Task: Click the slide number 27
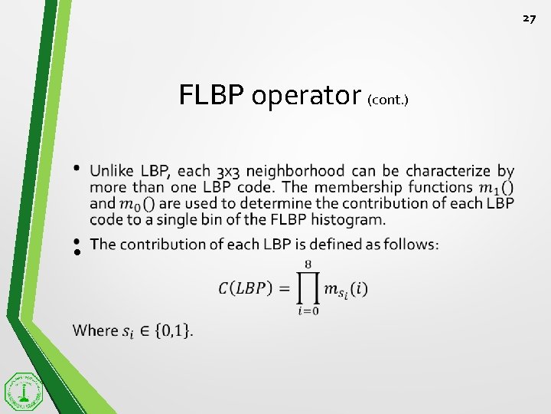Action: pyautogui.click(x=530, y=18)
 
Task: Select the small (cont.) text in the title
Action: pyautogui.click(x=388, y=100)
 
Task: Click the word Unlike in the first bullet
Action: pyautogui.click(x=113, y=170)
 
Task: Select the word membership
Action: pyautogui.click(x=368, y=186)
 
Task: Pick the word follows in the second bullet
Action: pyautogui.click(x=413, y=244)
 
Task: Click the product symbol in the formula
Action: pyautogui.click(x=308, y=288)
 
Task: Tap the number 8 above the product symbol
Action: pyautogui.click(x=308, y=264)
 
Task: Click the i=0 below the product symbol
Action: pyautogui.click(x=308, y=310)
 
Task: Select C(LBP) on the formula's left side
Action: pyautogui.click(x=243, y=289)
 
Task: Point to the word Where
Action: pyautogui.click(x=96, y=330)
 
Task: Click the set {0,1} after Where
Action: pyautogui.click(x=174, y=330)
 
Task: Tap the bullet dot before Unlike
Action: pyautogui.click(x=77, y=167)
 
